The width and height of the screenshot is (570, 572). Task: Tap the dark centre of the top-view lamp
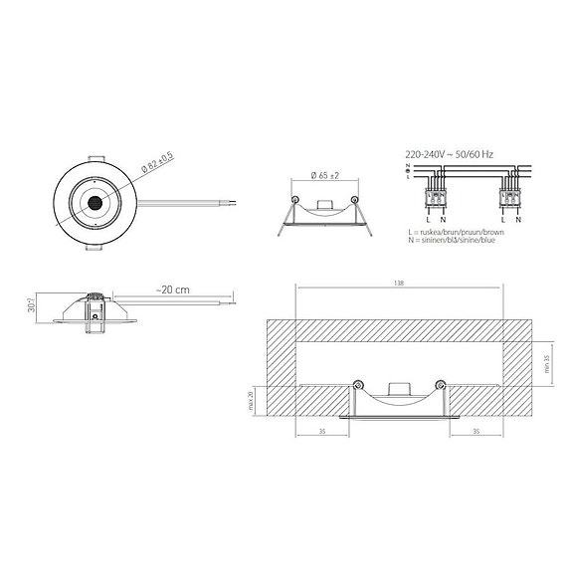[94, 203]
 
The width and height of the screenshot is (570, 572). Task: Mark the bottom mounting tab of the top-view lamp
[95, 250]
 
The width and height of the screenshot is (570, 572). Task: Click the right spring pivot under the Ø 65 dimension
[350, 200]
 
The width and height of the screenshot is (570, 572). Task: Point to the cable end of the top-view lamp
[231, 203]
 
